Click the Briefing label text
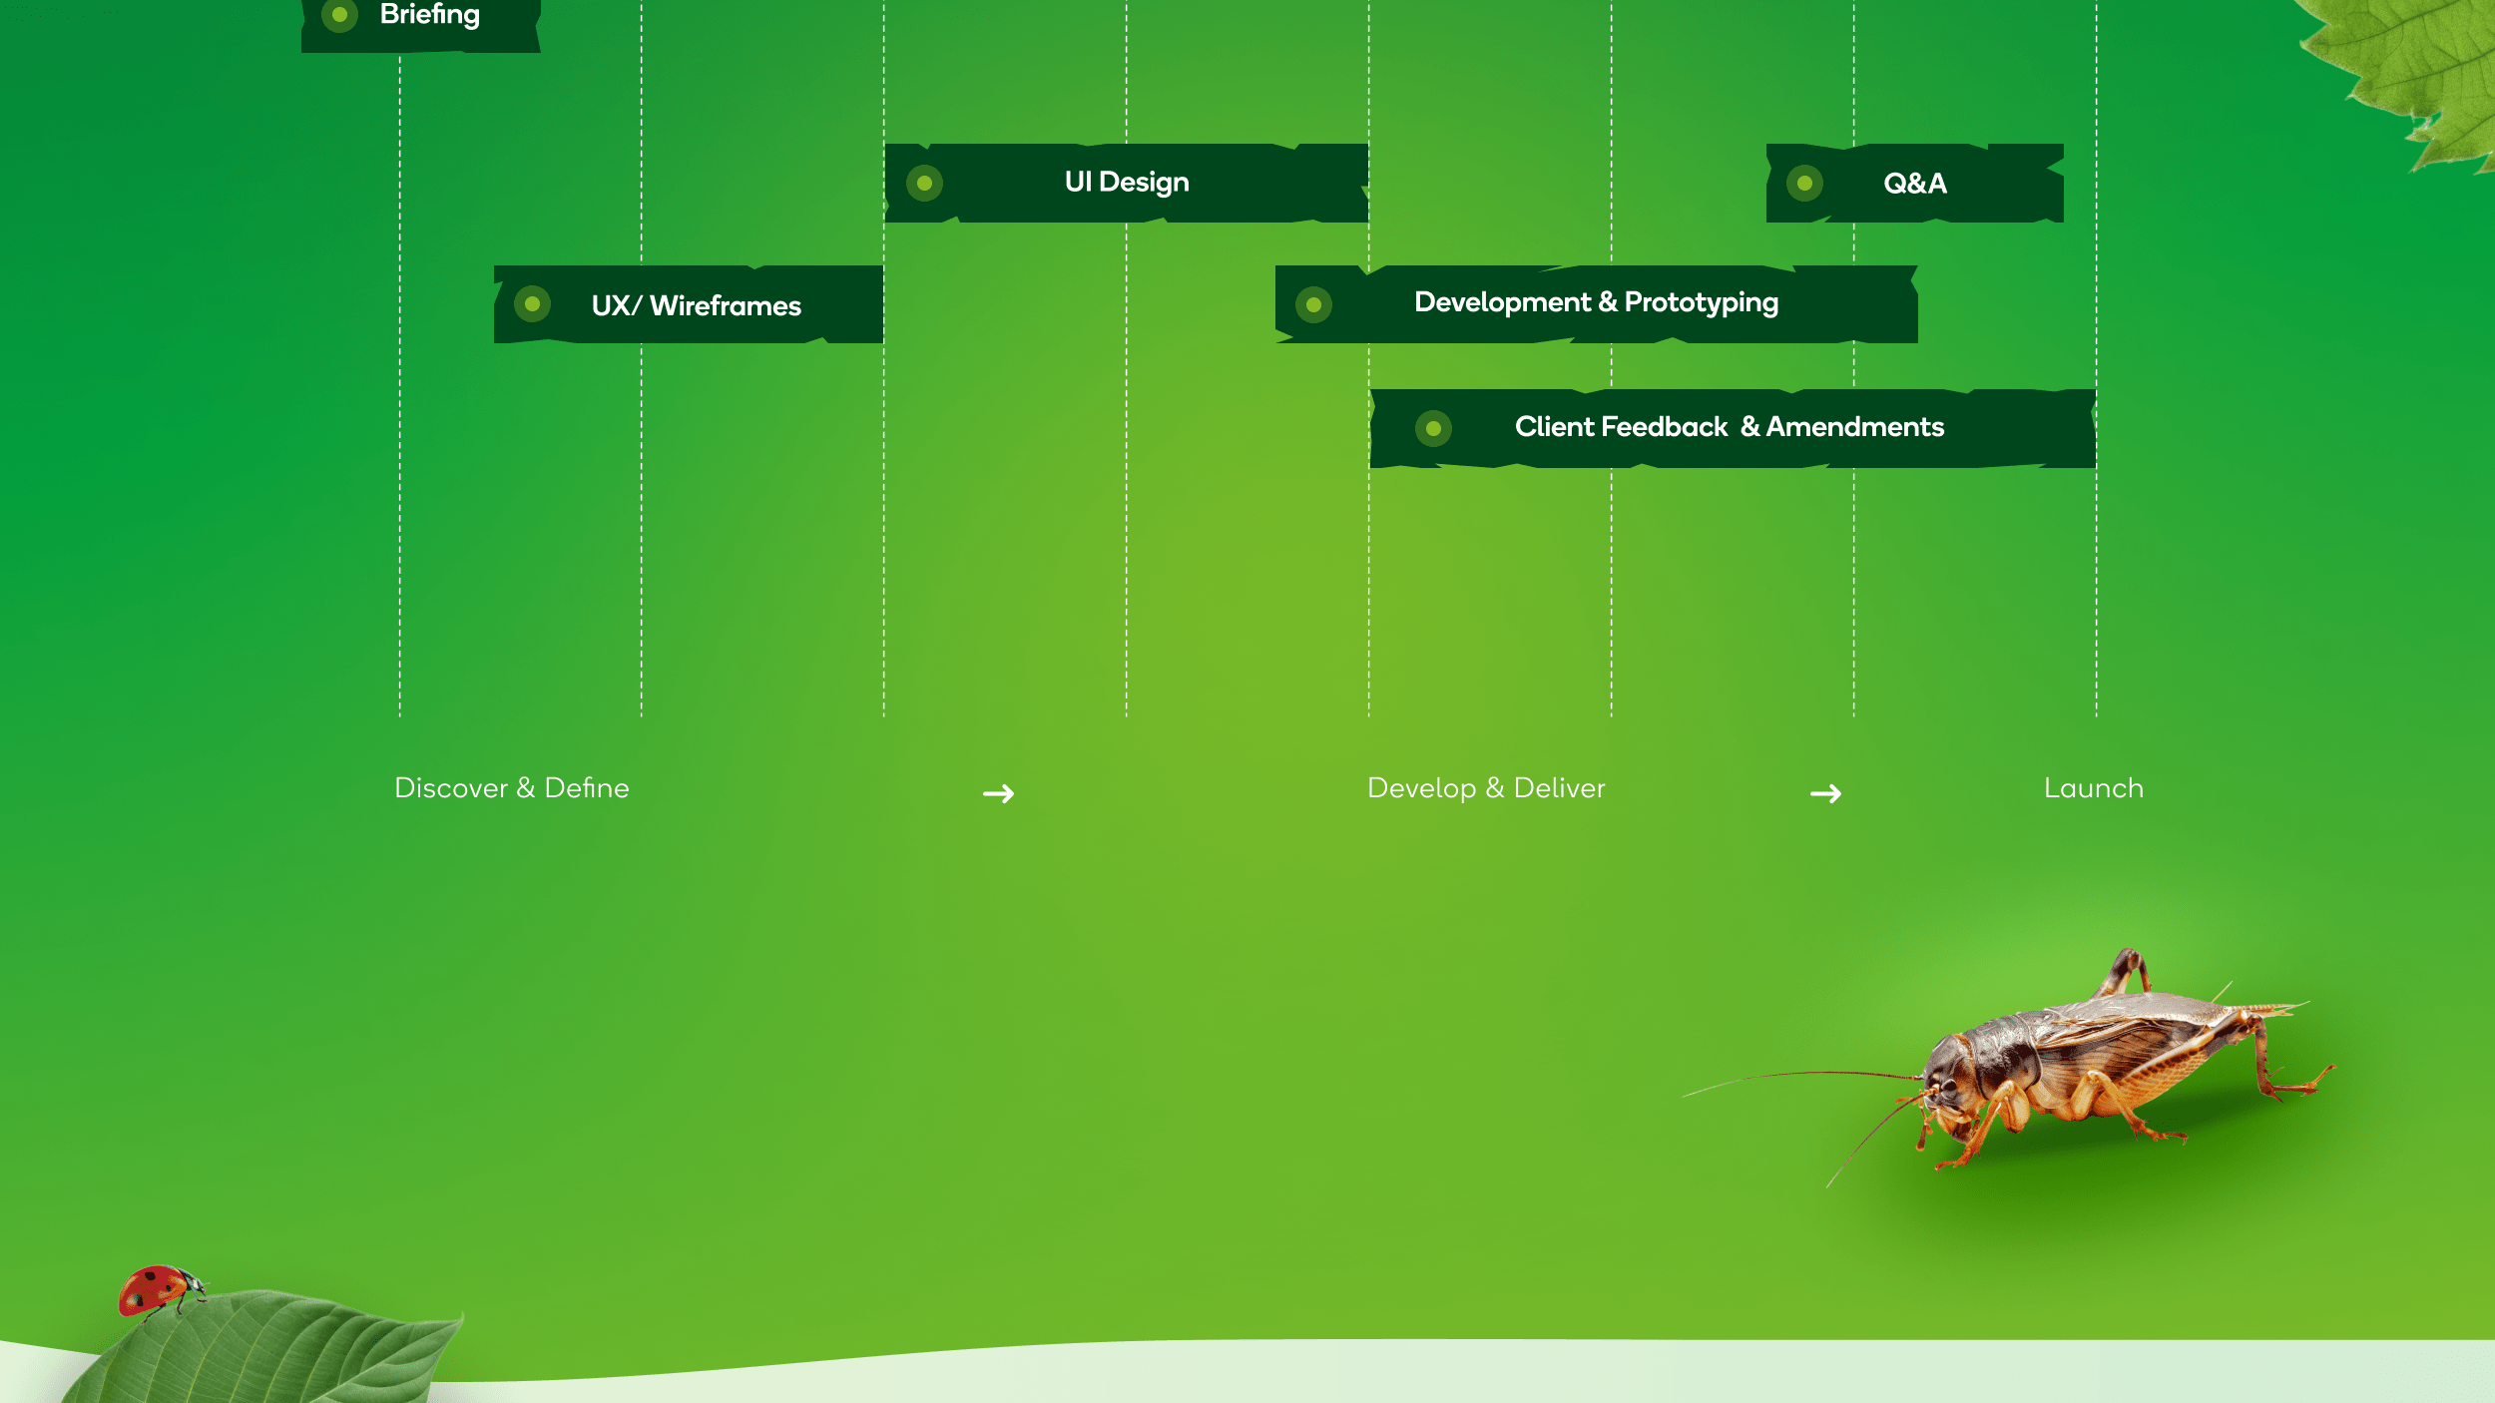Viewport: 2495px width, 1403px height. point(429,15)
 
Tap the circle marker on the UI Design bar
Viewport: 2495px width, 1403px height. point(924,184)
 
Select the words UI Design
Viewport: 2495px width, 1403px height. point(1127,183)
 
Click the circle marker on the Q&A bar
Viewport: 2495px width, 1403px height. point(1804,184)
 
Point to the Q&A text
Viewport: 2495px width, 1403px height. point(1914,184)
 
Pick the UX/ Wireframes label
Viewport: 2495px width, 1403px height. point(696,305)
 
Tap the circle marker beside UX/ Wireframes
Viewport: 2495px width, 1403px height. point(532,304)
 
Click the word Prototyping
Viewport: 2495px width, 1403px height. point(1701,302)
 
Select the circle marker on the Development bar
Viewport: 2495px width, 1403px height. point(1313,304)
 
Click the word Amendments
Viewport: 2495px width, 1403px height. point(1854,427)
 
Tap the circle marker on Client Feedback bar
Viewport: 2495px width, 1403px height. point(1433,429)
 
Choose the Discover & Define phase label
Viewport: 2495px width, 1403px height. point(512,788)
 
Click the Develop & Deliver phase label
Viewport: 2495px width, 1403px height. point(1486,788)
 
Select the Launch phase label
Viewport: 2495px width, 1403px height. point(2093,788)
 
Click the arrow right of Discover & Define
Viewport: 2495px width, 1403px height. point(998,793)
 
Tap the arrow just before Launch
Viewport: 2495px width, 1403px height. point(1825,793)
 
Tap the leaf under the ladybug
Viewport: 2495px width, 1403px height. point(269,1352)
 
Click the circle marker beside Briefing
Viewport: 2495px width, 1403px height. point(339,15)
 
